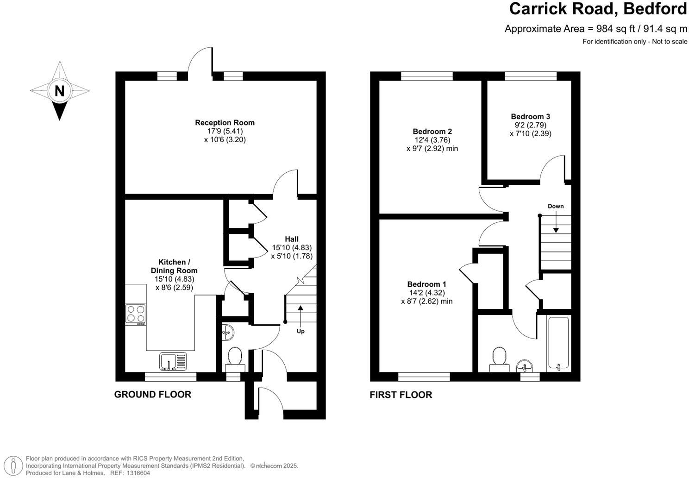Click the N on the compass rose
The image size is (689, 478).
pos(59,91)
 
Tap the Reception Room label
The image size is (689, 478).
pos(225,123)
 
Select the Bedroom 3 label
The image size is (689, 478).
pos(530,117)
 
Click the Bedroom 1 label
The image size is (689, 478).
pos(426,284)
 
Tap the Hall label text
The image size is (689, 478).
pos(292,239)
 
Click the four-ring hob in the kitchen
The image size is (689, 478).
pos(136,314)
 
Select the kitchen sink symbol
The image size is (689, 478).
pos(173,361)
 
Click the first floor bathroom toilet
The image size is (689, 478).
pos(499,359)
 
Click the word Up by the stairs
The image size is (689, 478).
pos(301,332)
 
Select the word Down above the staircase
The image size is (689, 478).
pos(556,206)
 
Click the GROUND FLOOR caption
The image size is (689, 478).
pos(153,395)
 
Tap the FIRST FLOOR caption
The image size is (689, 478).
pos(401,395)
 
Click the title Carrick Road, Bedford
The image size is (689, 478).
pos(598,9)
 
